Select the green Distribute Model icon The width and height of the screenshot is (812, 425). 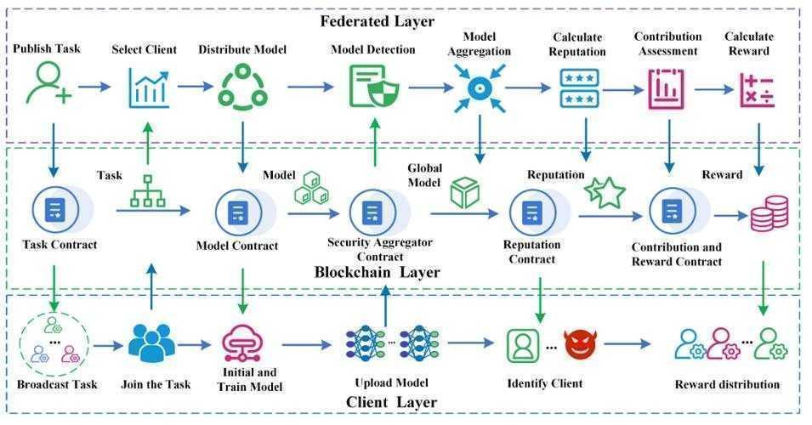click(243, 87)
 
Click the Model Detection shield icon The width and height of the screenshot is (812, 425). click(372, 87)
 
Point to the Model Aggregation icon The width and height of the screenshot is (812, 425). click(479, 87)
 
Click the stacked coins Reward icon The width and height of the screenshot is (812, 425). click(769, 212)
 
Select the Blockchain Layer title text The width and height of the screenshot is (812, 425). click(378, 273)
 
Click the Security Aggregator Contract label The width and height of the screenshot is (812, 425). click(380, 248)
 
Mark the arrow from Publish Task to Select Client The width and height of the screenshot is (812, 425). click(94, 87)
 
